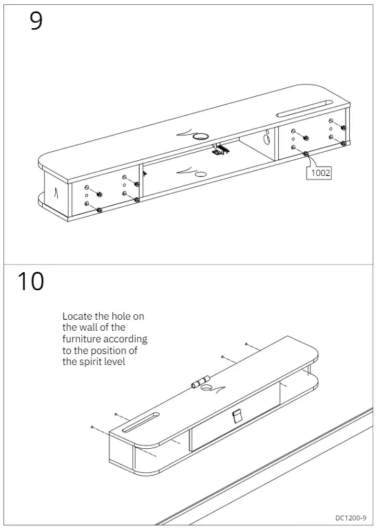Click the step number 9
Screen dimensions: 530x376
tap(36, 21)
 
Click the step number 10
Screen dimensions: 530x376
tap(30, 281)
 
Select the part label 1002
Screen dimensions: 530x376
tap(320, 173)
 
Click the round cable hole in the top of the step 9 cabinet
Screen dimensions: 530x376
tap(201, 137)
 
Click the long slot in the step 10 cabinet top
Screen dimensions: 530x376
tap(141, 421)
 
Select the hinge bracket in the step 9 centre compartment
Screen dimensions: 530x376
tap(220, 148)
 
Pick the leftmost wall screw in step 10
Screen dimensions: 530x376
tap(92, 427)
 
